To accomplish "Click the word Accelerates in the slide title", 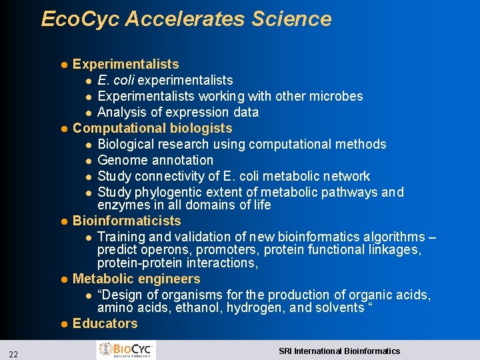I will [185, 19].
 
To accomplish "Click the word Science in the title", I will [291, 19].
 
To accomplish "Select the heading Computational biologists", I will [153, 128].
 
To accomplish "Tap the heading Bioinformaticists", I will [127, 221].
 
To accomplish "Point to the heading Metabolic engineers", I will [136, 279].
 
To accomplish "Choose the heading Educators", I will [105, 324].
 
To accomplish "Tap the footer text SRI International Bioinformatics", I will [339, 351].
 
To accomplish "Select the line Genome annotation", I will [155, 160].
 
